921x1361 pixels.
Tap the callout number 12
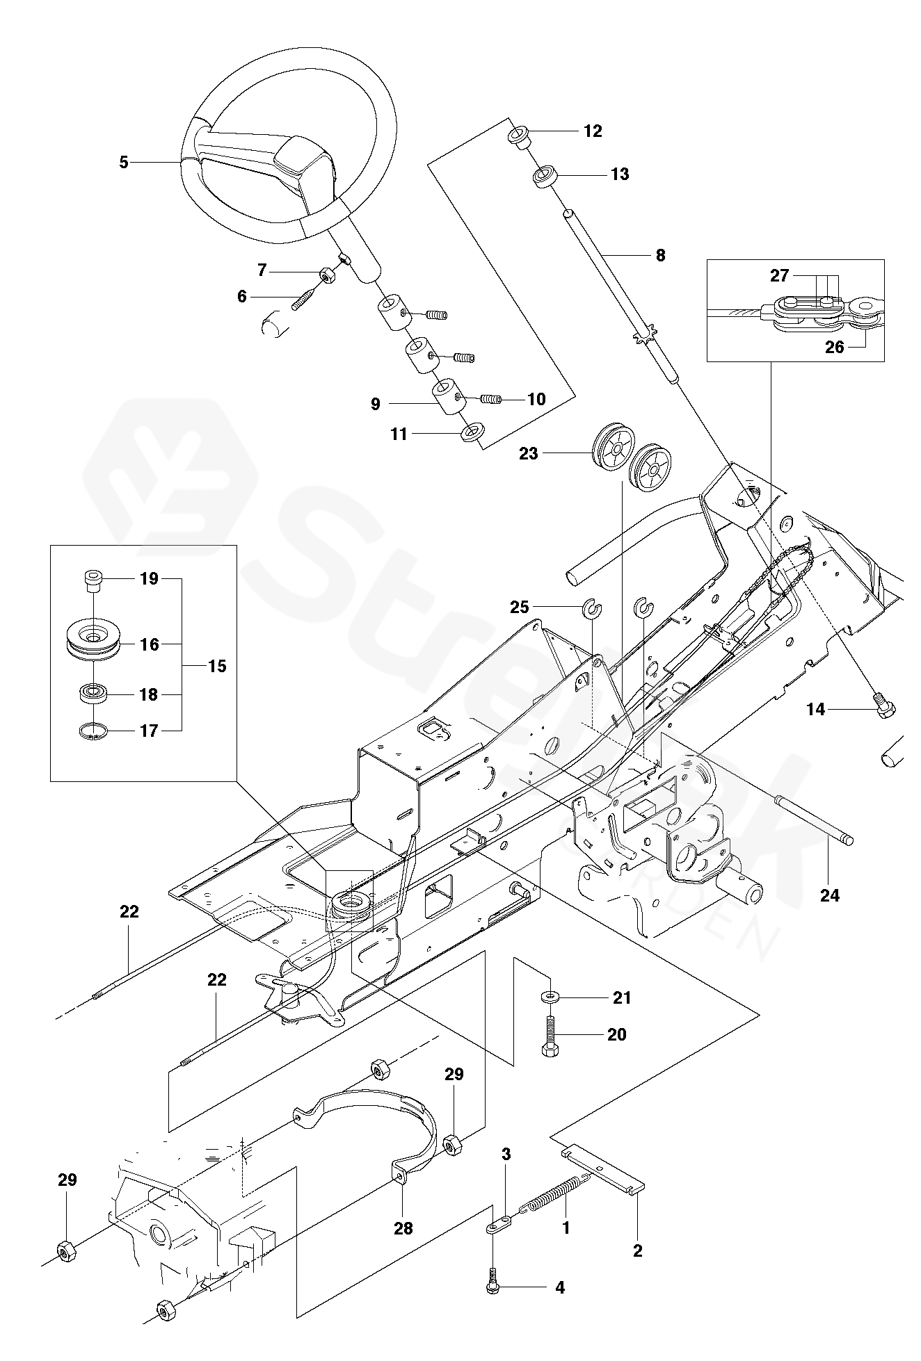(x=593, y=131)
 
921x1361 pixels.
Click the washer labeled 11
(x=471, y=434)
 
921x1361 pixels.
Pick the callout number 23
(x=529, y=454)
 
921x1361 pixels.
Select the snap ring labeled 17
(x=94, y=731)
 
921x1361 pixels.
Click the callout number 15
(x=217, y=666)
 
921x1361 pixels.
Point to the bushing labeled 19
(x=92, y=578)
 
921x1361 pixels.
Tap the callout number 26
(x=834, y=347)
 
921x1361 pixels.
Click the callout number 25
(x=520, y=607)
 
